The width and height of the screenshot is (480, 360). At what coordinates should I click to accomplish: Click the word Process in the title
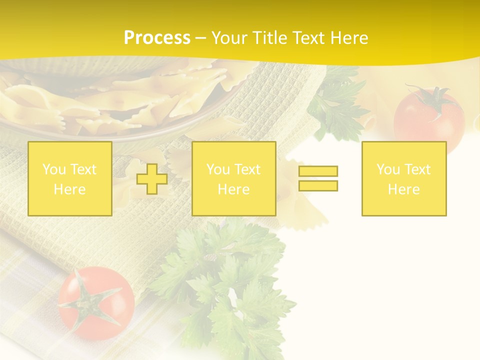(157, 38)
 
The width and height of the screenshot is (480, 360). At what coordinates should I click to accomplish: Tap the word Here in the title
(347, 38)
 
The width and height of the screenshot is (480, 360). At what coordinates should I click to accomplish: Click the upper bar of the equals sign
(318, 171)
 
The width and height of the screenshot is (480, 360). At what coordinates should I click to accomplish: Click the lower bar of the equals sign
(318, 185)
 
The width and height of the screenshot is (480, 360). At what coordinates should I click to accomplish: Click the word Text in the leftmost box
(83, 169)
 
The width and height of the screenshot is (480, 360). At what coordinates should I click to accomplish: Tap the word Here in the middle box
(233, 189)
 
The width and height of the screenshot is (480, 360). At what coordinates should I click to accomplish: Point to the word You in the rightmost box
(388, 169)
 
